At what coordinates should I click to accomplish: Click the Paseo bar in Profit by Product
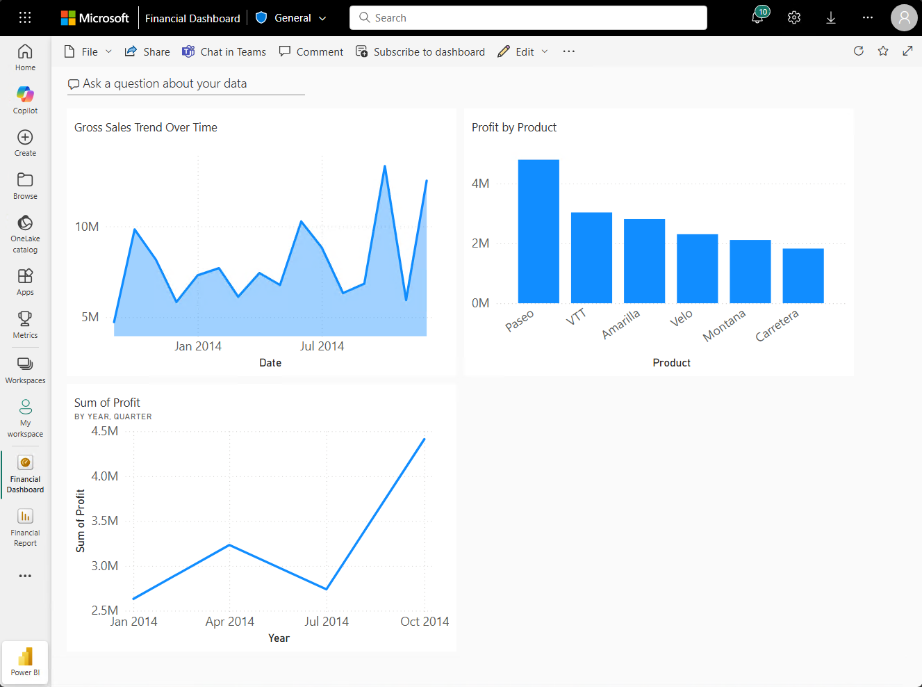pos(538,232)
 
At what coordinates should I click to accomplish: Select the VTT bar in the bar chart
pos(591,258)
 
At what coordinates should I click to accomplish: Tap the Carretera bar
pos(803,276)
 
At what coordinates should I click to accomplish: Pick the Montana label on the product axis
pos(724,325)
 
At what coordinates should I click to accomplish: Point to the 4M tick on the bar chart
pos(480,184)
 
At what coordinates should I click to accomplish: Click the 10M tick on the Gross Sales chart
pos(87,227)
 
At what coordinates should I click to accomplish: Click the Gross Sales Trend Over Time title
pos(146,127)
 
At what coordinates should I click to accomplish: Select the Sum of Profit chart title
pos(107,403)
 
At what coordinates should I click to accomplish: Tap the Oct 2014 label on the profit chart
pos(425,622)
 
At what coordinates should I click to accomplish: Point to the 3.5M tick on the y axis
pos(105,521)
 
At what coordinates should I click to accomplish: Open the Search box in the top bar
pos(528,18)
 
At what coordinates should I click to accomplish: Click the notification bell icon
pos(757,18)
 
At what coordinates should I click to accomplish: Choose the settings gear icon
pos(794,18)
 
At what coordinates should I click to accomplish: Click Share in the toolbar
pos(147,52)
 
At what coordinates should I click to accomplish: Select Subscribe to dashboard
pos(420,52)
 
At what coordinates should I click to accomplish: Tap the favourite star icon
pos(883,51)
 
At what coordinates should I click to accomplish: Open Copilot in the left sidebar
pos(25,99)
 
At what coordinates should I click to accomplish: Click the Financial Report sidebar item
pos(25,526)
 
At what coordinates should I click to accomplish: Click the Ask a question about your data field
pos(186,84)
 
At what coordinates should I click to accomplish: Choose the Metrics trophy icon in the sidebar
pos(25,324)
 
